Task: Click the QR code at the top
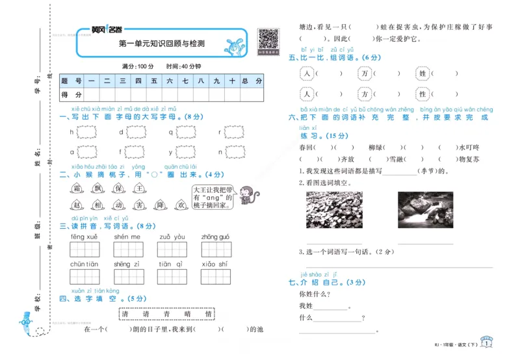(268, 39)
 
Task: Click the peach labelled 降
(161, 205)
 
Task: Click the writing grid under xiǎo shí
(216, 277)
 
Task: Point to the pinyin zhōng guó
(215, 237)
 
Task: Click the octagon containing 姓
(422, 74)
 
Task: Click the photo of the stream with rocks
(426, 209)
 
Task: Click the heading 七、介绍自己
(326, 282)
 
